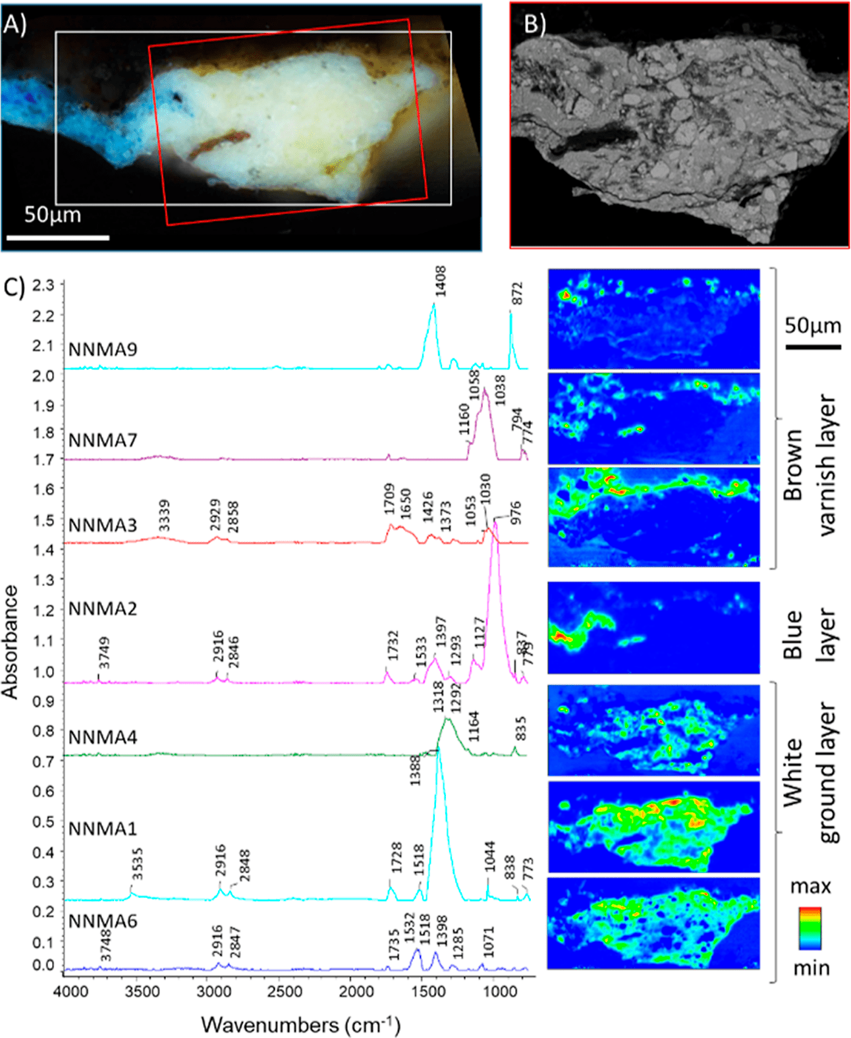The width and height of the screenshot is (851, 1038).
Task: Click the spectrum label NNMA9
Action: point(103,349)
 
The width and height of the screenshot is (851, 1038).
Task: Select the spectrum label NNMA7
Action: point(103,439)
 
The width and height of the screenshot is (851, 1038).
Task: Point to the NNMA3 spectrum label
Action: point(103,526)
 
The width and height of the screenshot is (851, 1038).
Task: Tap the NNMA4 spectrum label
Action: point(103,737)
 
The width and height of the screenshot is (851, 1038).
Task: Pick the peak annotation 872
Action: point(517,294)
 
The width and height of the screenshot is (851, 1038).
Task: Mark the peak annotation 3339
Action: point(164,516)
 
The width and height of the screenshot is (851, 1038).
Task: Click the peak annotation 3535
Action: point(137,865)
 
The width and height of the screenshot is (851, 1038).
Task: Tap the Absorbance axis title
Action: point(11,642)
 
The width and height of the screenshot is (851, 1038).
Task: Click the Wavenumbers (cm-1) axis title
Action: point(300,1024)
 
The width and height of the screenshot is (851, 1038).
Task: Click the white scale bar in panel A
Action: point(58,237)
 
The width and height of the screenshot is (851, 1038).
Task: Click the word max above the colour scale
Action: point(810,886)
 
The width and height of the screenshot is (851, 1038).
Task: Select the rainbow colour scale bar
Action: point(810,928)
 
